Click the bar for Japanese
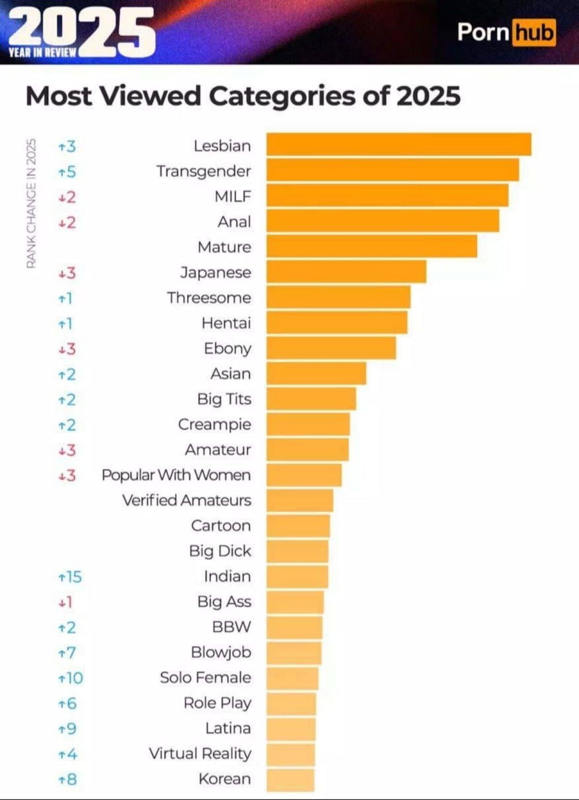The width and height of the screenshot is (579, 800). tap(346, 272)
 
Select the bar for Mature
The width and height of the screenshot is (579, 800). tap(372, 247)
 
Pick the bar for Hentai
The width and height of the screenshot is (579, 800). tap(336, 323)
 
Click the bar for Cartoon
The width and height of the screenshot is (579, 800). tap(298, 526)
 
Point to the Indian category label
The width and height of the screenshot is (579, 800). tap(227, 576)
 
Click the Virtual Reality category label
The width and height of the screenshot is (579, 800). tap(200, 753)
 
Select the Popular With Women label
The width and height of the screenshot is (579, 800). tap(176, 475)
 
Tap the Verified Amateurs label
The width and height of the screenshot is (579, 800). tap(187, 500)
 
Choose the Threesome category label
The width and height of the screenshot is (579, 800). tap(209, 297)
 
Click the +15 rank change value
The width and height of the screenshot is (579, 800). tap(70, 576)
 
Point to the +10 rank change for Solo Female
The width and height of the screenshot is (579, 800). tap(70, 678)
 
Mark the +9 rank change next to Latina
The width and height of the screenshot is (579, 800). tap(67, 729)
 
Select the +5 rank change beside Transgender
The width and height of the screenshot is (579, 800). tap(67, 171)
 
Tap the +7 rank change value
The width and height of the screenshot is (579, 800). tap(67, 653)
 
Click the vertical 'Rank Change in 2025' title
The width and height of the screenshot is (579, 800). tap(31, 203)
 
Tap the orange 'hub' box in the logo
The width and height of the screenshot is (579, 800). tap(534, 33)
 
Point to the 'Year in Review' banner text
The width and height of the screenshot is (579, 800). tap(42, 52)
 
